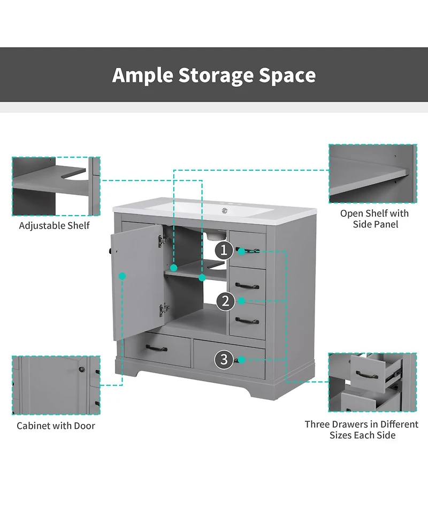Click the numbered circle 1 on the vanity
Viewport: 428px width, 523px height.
click(x=224, y=250)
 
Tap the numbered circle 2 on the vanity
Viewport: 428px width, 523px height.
click(x=226, y=301)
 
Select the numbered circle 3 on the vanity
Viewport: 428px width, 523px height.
click(x=224, y=360)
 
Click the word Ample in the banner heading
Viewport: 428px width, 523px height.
click(x=142, y=75)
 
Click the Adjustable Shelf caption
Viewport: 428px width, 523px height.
click(x=55, y=226)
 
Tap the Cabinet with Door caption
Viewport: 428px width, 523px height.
click(x=56, y=426)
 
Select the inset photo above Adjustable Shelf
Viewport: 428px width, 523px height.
click(x=56, y=186)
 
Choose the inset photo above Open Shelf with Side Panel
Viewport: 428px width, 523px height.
click(x=373, y=173)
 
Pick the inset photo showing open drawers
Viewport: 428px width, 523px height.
click(x=373, y=382)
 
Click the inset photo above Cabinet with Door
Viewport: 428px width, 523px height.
click(x=56, y=385)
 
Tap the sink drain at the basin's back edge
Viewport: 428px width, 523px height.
click(x=225, y=210)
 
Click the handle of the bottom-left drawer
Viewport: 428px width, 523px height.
click(x=157, y=349)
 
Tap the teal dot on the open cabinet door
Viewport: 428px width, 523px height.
click(x=123, y=276)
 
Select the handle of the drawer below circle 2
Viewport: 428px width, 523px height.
click(x=247, y=321)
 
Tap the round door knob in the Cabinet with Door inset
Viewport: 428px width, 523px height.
click(x=80, y=369)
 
